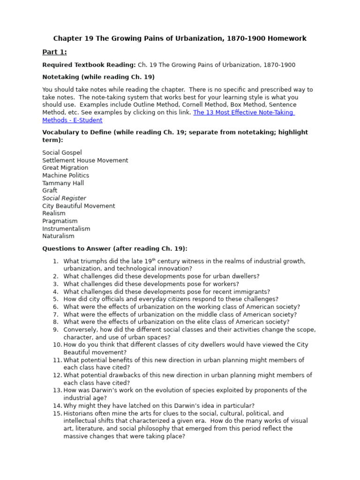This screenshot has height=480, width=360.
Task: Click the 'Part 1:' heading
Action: click(x=54, y=52)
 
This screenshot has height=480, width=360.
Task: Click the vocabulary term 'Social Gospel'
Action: click(x=62, y=153)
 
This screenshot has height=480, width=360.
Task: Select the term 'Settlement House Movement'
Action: click(x=85, y=160)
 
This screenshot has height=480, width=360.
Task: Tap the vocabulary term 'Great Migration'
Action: click(x=65, y=168)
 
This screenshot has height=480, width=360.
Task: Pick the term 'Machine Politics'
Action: click(x=66, y=175)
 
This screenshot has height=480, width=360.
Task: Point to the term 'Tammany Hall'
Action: click(x=63, y=183)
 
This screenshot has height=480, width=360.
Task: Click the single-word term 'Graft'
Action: click(x=50, y=191)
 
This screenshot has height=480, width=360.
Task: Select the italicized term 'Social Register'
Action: click(x=64, y=198)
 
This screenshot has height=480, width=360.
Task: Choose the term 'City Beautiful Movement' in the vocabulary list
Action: click(x=78, y=206)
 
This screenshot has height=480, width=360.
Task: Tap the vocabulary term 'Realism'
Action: click(x=54, y=213)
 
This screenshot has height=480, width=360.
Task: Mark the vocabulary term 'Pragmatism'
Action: click(x=60, y=221)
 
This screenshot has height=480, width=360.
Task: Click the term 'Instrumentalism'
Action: click(x=66, y=229)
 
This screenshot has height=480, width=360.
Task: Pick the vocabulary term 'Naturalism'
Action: click(x=58, y=236)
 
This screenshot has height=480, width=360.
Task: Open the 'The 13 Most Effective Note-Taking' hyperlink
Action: click(x=243, y=112)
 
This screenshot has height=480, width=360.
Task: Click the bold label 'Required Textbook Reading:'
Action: click(x=89, y=65)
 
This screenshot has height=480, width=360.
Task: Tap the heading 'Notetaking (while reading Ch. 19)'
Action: click(x=98, y=77)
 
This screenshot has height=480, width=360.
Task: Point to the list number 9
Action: click(x=55, y=330)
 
